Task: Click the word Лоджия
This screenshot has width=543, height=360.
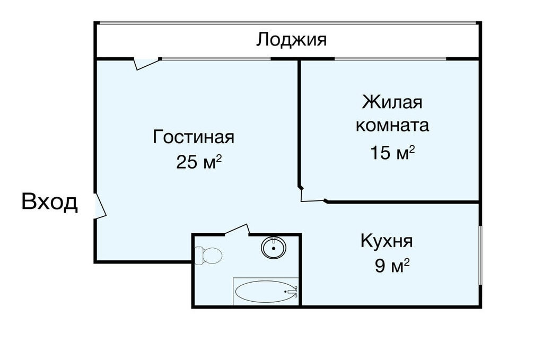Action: (x=291, y=40)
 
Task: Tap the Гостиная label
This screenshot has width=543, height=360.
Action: (x=194, y=137)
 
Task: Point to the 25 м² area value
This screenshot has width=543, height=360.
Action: (x=199, y=161)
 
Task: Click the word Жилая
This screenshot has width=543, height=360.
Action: (x=392, y=102)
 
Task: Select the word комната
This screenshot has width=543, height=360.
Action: (x=392, y=125)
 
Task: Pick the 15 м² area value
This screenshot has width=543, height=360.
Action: (x=392, y=152)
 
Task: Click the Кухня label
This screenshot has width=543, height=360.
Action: (x=387, y=241)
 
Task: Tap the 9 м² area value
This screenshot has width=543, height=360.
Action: (x=392, y=266)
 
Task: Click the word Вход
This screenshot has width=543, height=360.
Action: (x=49, y=202)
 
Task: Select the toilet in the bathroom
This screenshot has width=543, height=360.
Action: (x=208, y=256)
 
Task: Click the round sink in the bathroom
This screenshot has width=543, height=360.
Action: (x=274, y=248)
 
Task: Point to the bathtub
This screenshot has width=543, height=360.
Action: (x=266, y=291)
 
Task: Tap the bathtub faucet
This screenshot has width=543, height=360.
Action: (x=293, y=292)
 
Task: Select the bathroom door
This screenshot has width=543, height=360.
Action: (x=238, y=230)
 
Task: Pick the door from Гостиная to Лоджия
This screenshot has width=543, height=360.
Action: (x=147, y=64)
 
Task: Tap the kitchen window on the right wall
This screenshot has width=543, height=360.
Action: (x=480, y=256)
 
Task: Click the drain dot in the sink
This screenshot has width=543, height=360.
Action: (x=274, y=248)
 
